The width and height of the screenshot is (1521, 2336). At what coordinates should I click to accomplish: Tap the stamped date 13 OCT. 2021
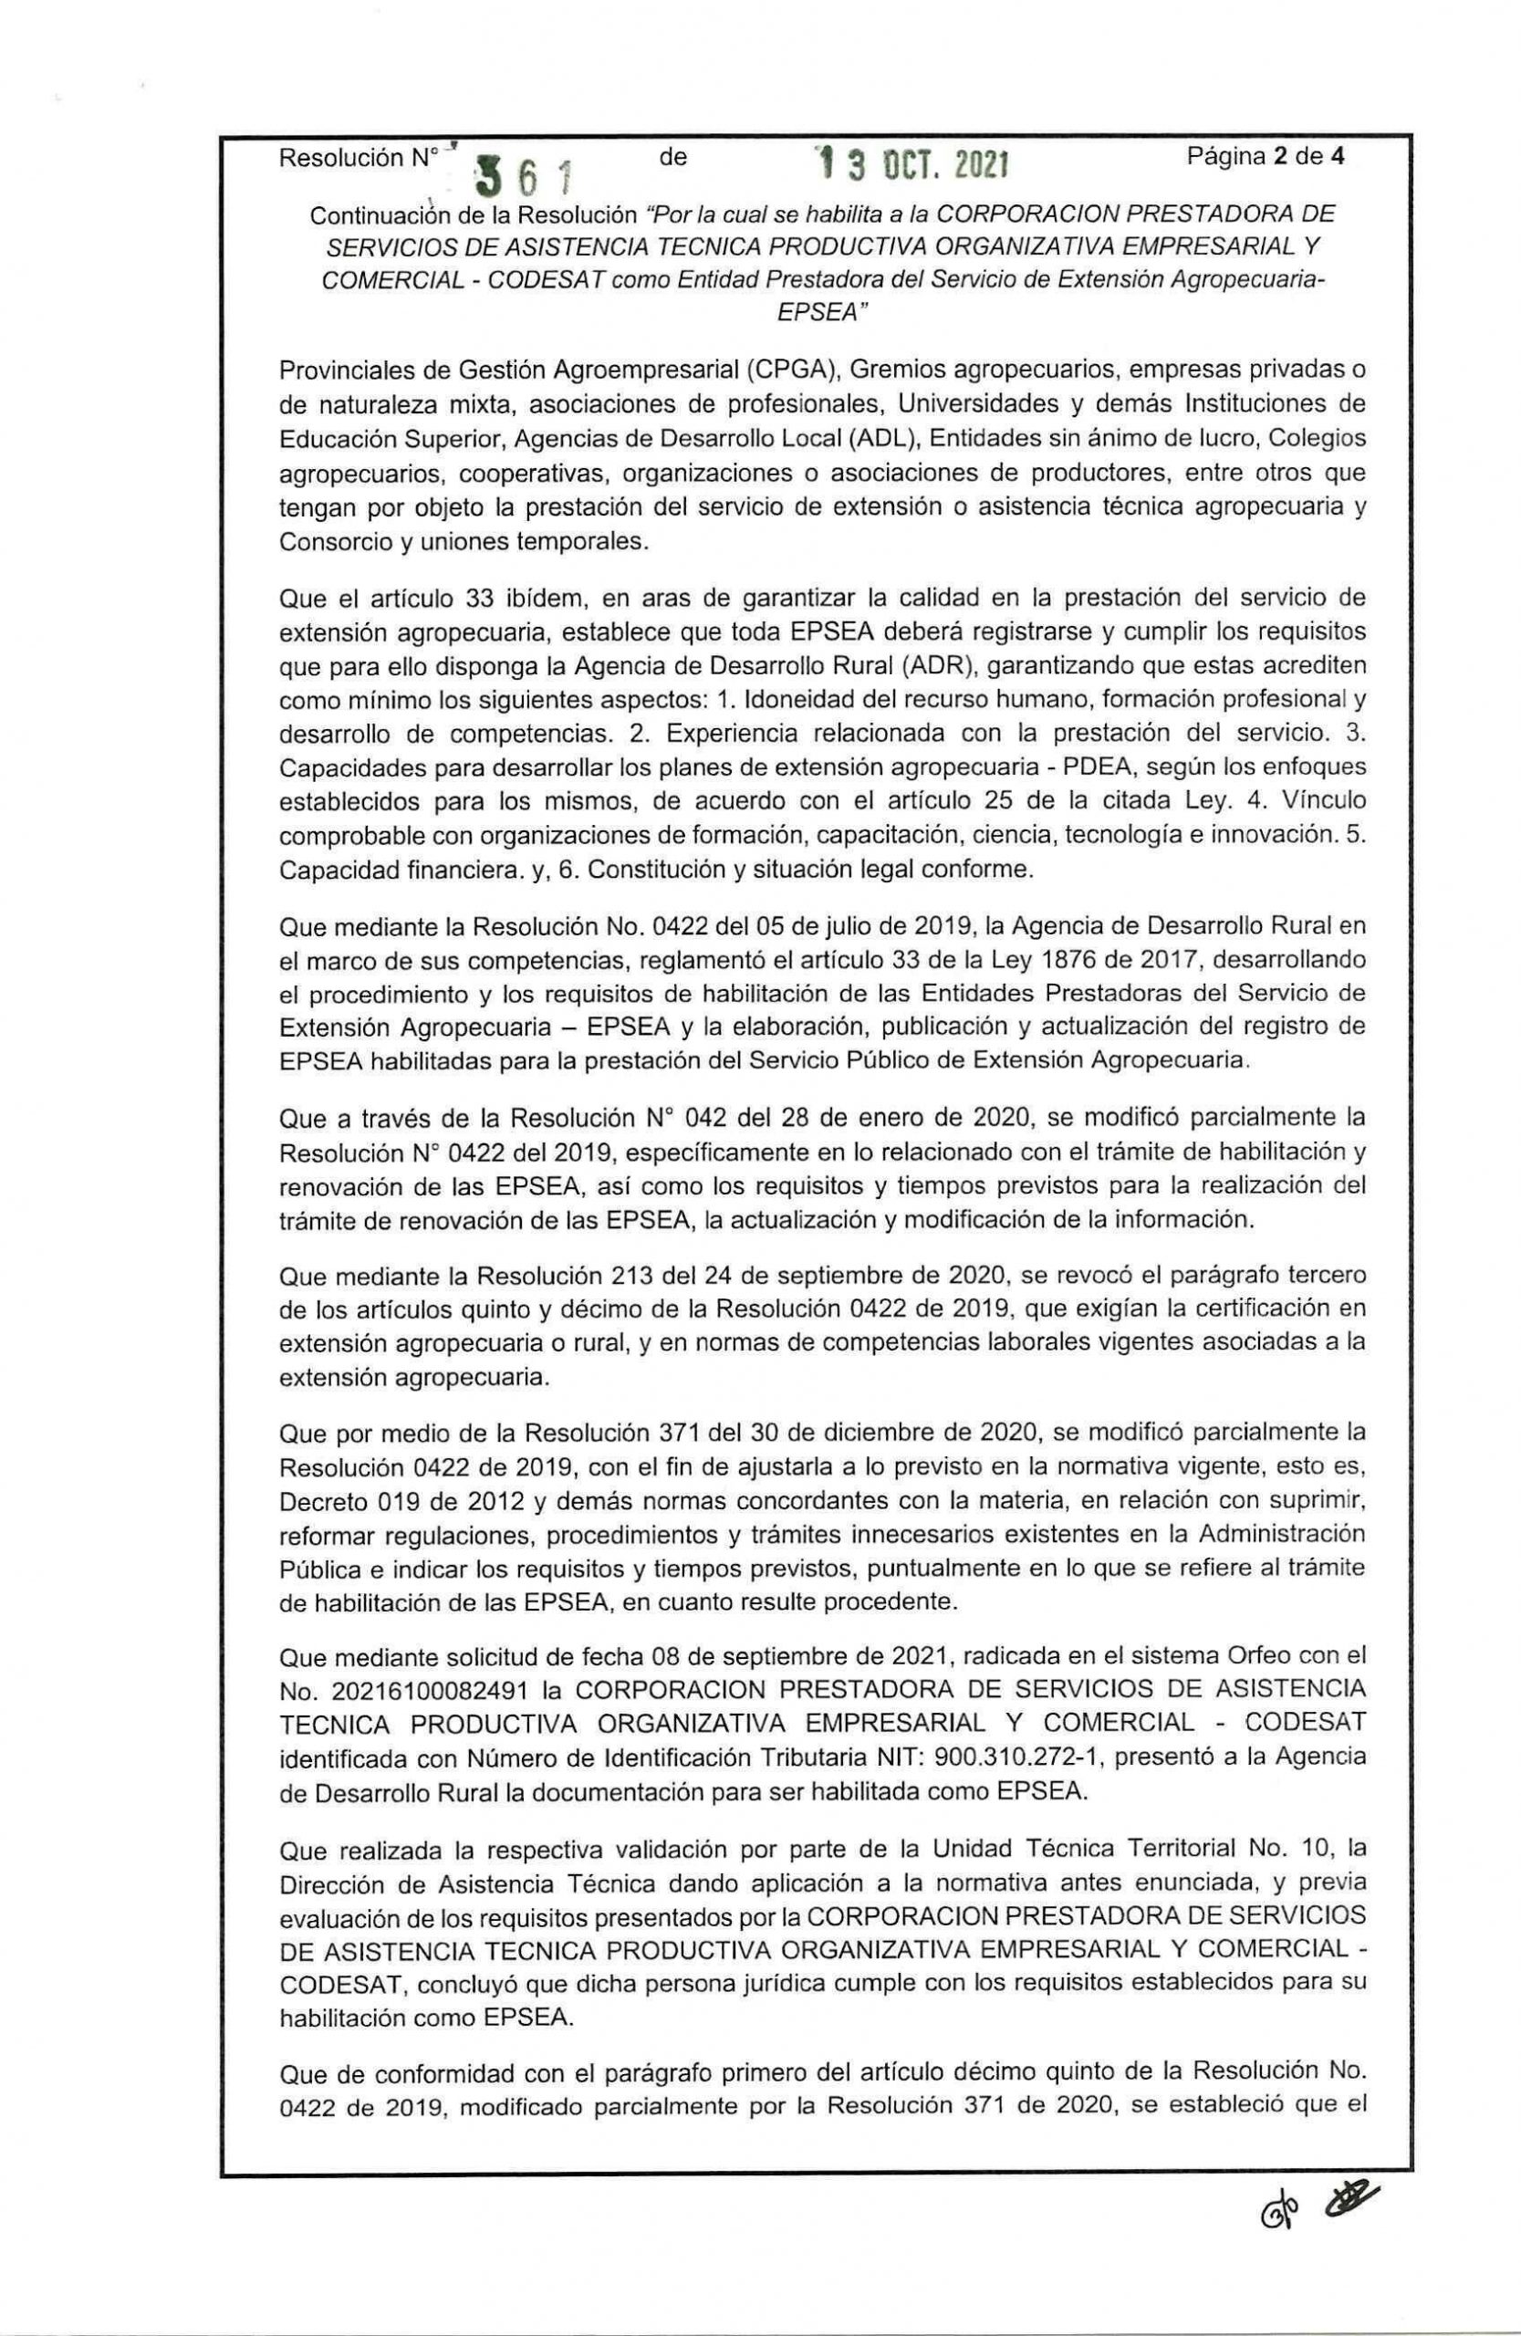click(908, 164)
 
